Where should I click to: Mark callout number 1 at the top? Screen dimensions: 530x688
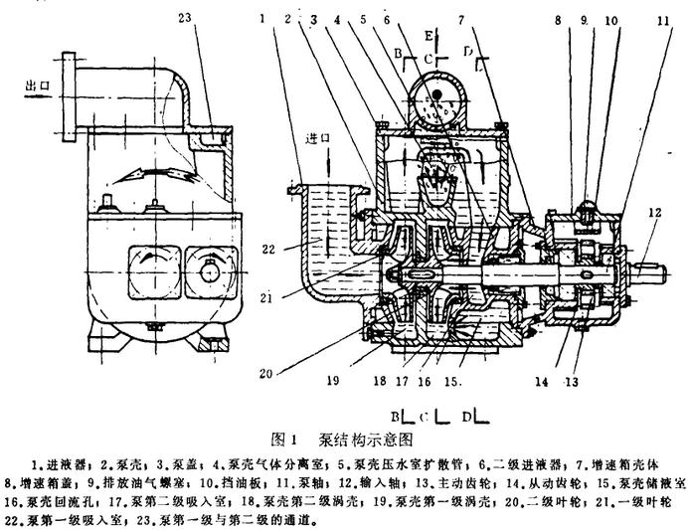[x=260, y=17]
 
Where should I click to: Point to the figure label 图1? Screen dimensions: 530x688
[x=284, y=438]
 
